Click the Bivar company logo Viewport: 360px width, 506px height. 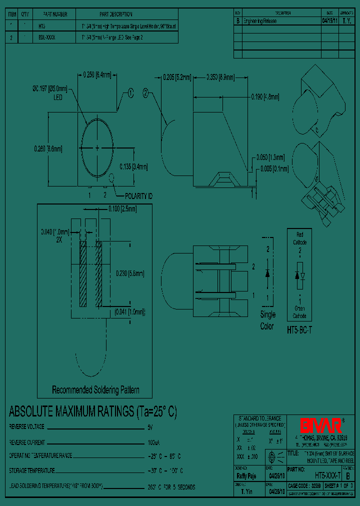click(321, 425)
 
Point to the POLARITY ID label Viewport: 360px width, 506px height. click(138, 196)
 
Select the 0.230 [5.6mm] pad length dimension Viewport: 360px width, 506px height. click(130, 273)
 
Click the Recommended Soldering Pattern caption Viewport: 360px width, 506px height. click(95, 389)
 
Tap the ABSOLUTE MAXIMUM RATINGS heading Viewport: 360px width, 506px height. click(93, 412)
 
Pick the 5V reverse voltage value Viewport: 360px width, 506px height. click(150, 427)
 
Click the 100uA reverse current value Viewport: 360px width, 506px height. click(153, 442)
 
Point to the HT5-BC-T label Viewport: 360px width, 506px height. click(298, 330)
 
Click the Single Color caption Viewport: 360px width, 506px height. click(267, 320)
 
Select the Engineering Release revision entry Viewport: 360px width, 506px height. click(259, 21)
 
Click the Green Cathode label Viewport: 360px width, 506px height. click(299, 312)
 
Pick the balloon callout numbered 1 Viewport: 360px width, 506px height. click(130, 92)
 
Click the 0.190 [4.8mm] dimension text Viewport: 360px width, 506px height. click(265, 97)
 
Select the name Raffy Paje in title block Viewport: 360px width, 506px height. click(246, 476)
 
